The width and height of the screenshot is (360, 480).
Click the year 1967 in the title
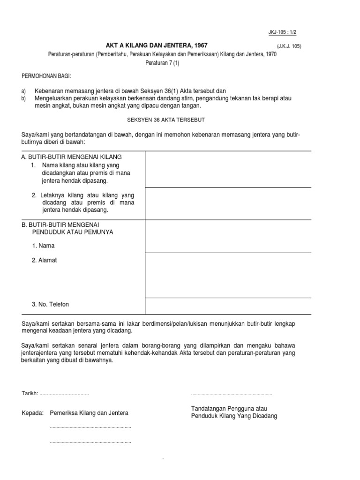point(199,45)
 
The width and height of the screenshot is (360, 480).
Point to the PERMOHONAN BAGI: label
point(47,76)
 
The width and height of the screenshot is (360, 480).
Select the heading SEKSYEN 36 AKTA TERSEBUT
point(166,120)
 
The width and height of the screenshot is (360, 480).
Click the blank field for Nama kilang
point(228,169)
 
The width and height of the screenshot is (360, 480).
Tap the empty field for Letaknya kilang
point(228,203)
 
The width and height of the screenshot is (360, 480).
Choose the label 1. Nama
point(43,246)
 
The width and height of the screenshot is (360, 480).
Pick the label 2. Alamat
point(45,260)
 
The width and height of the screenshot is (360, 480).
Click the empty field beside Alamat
point(228,275)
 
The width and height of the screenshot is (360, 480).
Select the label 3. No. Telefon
point(50,304)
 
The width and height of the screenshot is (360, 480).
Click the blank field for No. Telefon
point(228,306)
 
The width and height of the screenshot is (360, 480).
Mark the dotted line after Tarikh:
point(64,394)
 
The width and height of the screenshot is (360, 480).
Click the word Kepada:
point(32,413)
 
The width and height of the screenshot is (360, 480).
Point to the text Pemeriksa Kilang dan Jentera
point(89,413)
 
